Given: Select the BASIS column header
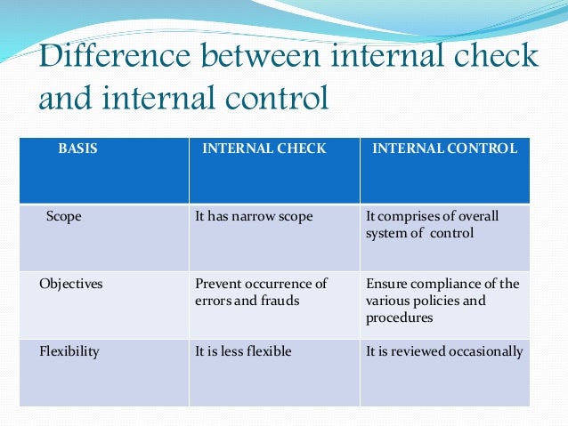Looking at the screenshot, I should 78,149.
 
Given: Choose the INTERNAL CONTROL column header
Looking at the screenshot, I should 444,149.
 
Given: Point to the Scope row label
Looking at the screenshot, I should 63,216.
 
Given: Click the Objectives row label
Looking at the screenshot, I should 70,284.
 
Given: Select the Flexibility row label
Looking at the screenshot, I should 69,351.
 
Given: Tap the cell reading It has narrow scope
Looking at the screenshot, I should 254,216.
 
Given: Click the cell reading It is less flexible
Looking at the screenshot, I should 243,351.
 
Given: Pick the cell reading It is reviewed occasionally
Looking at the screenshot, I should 444,351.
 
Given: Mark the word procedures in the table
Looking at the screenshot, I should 399,317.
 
